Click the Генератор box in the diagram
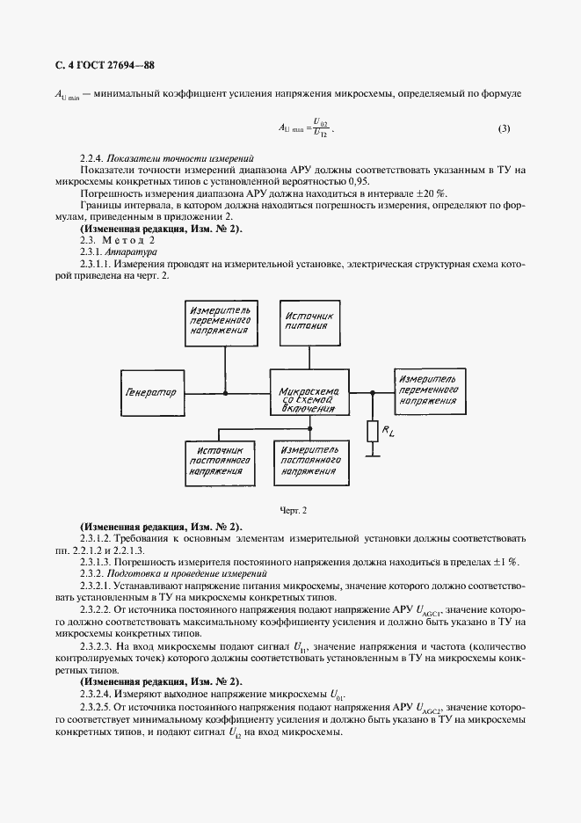[x=151, y=392]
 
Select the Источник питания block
[x=307, y=319]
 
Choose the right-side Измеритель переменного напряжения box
[x=427, y=388]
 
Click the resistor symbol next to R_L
[x=371, y=431]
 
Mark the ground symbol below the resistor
[x=371, y=454]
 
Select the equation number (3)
[x=504, y=129]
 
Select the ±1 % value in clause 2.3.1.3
[x=505, y=561]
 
